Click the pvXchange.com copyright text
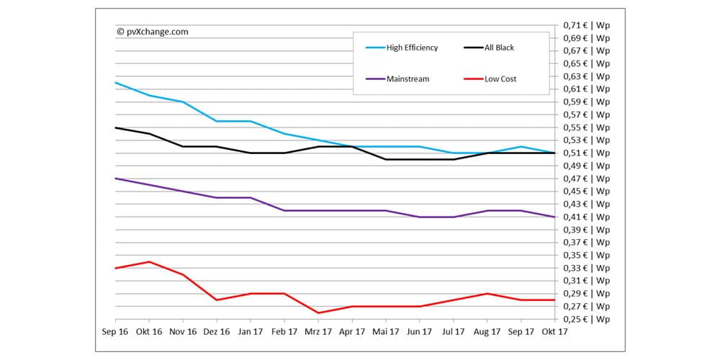pyautogui.click(x=152, y=31)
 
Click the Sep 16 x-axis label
pyautogui.click(x=115, y=333)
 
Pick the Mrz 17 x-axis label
pyautogui.click(x=318, y=333)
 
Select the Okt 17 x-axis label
pyautogui.click(x=554, y=333)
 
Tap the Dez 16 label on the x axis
pyautogui.click(x=217, y=333)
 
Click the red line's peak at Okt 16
pyautogui.click(x=149, y=262)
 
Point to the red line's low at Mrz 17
pyautogui.click(x=318, y=312)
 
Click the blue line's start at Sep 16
pyautogui.click(x=116, y=83)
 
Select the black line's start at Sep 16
pyautogui.click(x=116, y=127)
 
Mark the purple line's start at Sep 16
pyautogui.click(x=116, y=179)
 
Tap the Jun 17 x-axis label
pyautogui.click(x=419, y=333)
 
